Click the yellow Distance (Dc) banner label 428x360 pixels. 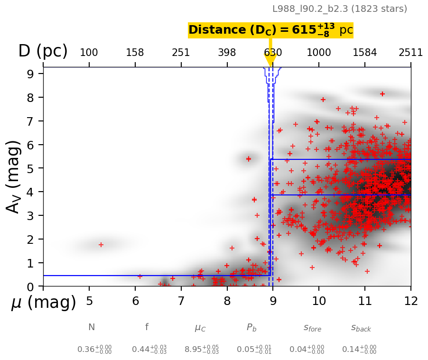270,30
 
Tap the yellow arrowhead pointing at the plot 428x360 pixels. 270,60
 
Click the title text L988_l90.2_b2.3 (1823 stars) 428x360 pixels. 339,9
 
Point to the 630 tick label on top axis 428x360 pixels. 273,52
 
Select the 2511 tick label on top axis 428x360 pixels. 410,52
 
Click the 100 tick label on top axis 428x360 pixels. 89,52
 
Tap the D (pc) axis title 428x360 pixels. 43,51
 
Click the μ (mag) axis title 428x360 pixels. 44,302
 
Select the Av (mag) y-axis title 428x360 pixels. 14,176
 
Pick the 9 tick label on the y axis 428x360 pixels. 29,74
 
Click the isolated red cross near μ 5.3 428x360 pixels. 101,245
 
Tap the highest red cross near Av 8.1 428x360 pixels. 382,94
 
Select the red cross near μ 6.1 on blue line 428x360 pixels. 140,276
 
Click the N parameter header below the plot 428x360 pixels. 92,327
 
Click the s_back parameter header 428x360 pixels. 361,328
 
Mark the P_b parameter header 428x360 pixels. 251,328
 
